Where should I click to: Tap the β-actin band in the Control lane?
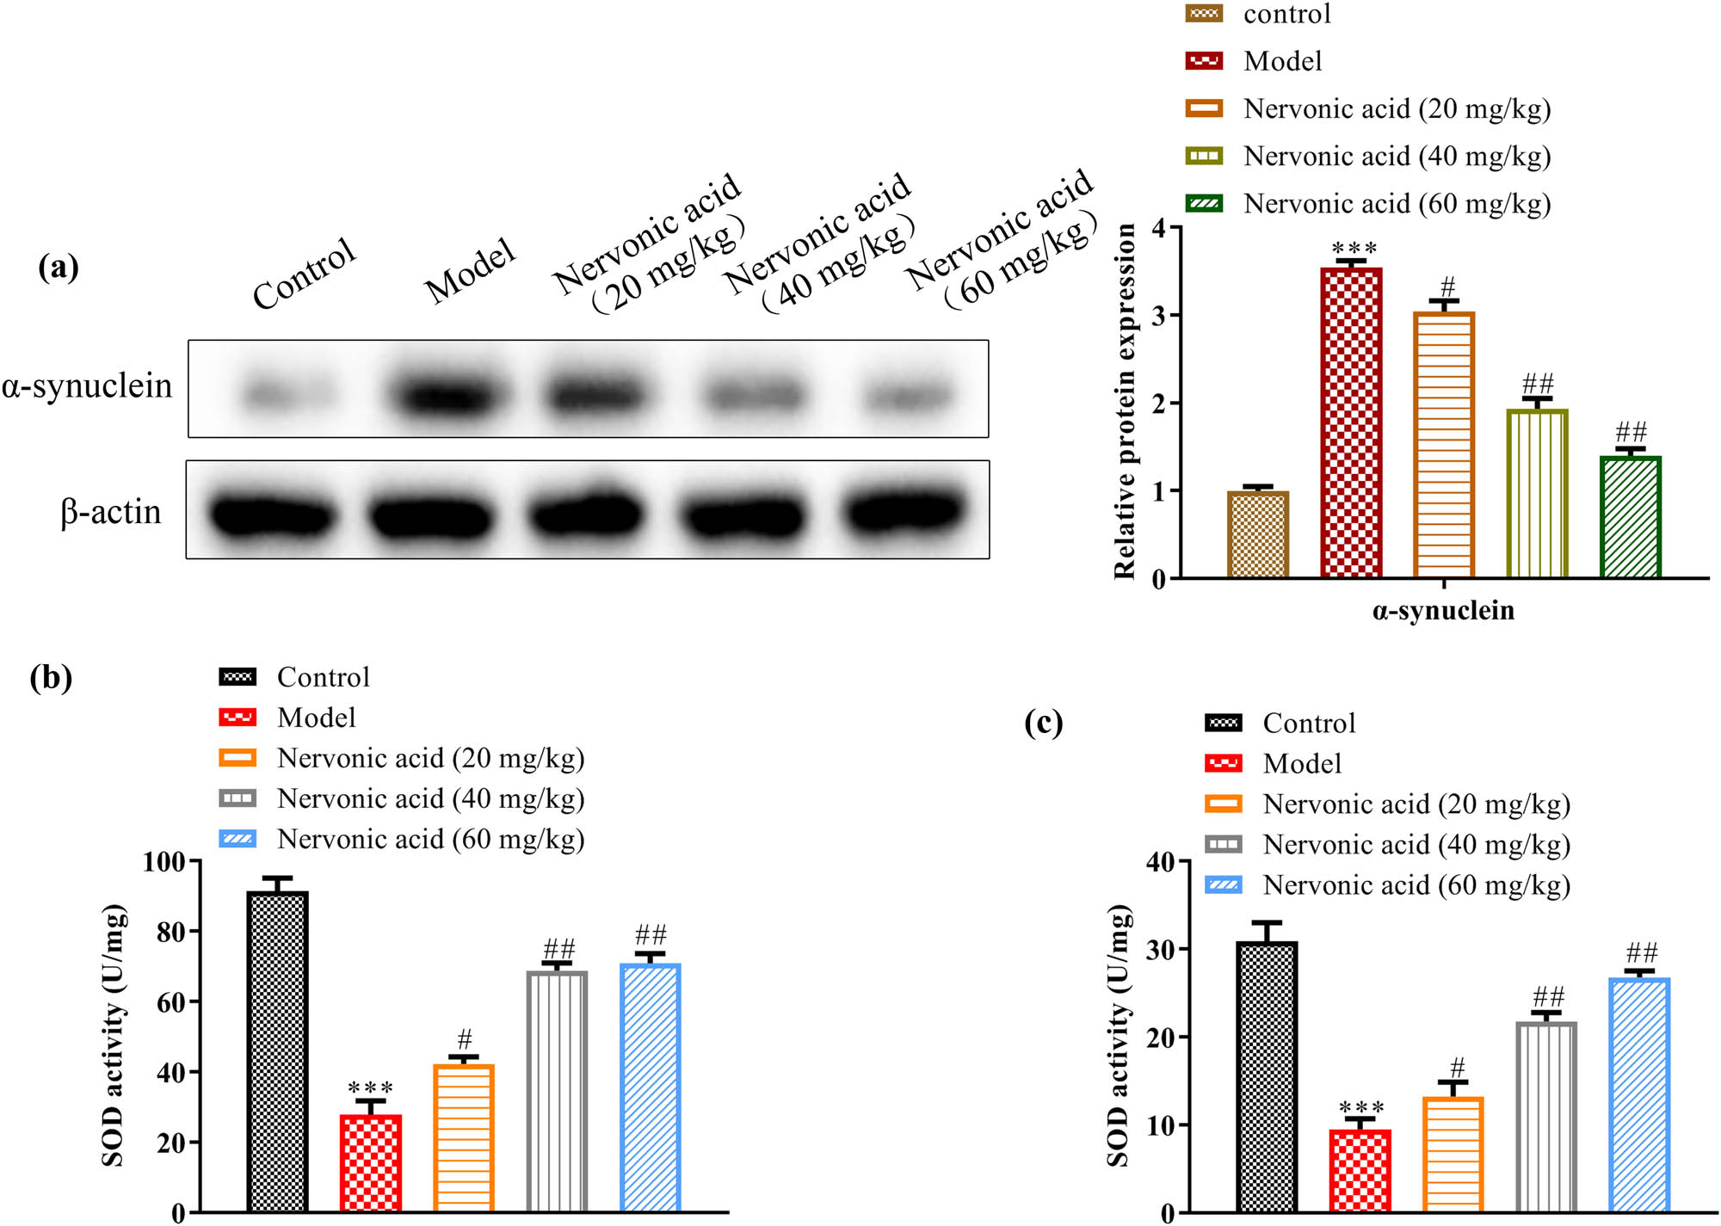[x=272, y=514]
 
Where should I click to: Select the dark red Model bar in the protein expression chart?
[x=1351, y=422]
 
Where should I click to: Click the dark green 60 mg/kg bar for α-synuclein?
[x=1630, y=516]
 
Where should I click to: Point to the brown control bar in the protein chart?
[x=1257, y=533]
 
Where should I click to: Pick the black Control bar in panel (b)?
[x=277, y=1050]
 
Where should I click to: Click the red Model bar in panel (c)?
[x=1360, y=1170]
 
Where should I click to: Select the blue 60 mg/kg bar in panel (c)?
[x=1639, y=1093]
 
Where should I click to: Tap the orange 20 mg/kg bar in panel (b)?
[x=464, y=1136]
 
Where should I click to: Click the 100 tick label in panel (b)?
[x=164, y=861]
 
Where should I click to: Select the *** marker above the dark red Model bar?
[x=1354, y=249]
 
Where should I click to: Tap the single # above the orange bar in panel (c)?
[x=1457, y=1067]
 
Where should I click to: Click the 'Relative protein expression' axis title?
[x=1124, y=400]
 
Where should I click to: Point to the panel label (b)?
[x=51, y=677]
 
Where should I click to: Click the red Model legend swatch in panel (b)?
[x=237, y=717]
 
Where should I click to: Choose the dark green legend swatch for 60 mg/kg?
[x=1204, y=204]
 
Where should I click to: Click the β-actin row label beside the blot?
[x=110, y=512]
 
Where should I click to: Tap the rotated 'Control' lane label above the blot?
[x=304, y=273]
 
